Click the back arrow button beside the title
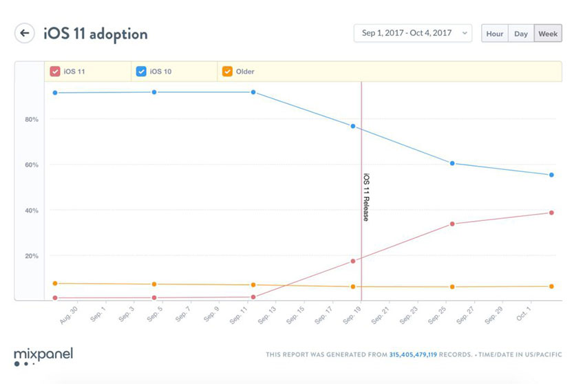coord(25,33)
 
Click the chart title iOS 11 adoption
coord(95,33)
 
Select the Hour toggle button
coord(495,33)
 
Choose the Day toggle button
coord(521,33)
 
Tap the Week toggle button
coord(548,33)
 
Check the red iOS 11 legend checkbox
coord(55,71)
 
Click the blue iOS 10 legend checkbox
coord(141,71)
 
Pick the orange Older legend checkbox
coord(227,71)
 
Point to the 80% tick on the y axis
coord(32,120)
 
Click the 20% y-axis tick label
coord(32,256)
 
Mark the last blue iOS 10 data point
coord(551,175)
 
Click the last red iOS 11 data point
coord(551,213)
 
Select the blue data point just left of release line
coord(353,126)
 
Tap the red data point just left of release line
coord(353,261)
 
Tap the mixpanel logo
coord(43,356)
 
